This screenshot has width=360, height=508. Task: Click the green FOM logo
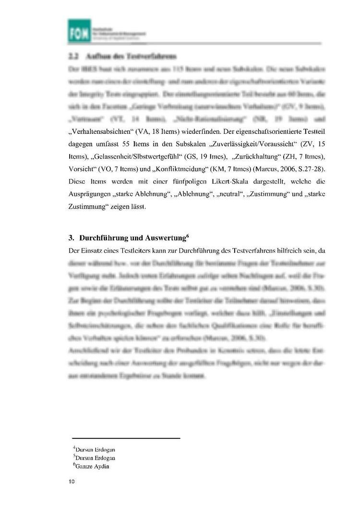coord(79,29)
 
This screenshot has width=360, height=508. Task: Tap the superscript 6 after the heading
coord(187,235)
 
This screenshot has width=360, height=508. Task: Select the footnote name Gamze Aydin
coord(92,466)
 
